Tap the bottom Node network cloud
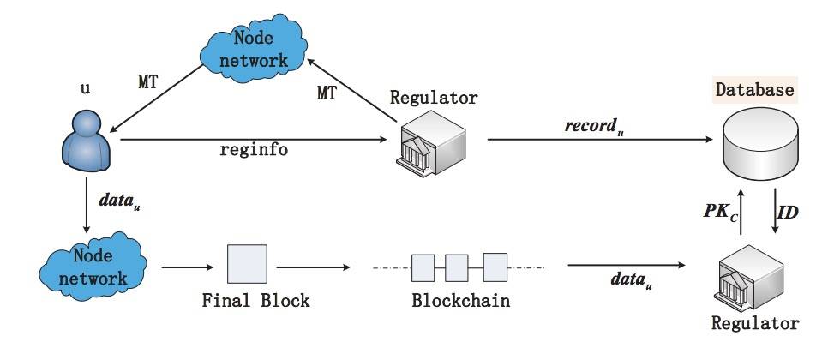click(87, 267)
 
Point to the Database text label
click(754, 90)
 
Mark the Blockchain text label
click(460, 302)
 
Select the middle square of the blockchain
click(456, 267)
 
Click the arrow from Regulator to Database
click(600, 139)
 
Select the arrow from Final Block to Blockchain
click(314, 267)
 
